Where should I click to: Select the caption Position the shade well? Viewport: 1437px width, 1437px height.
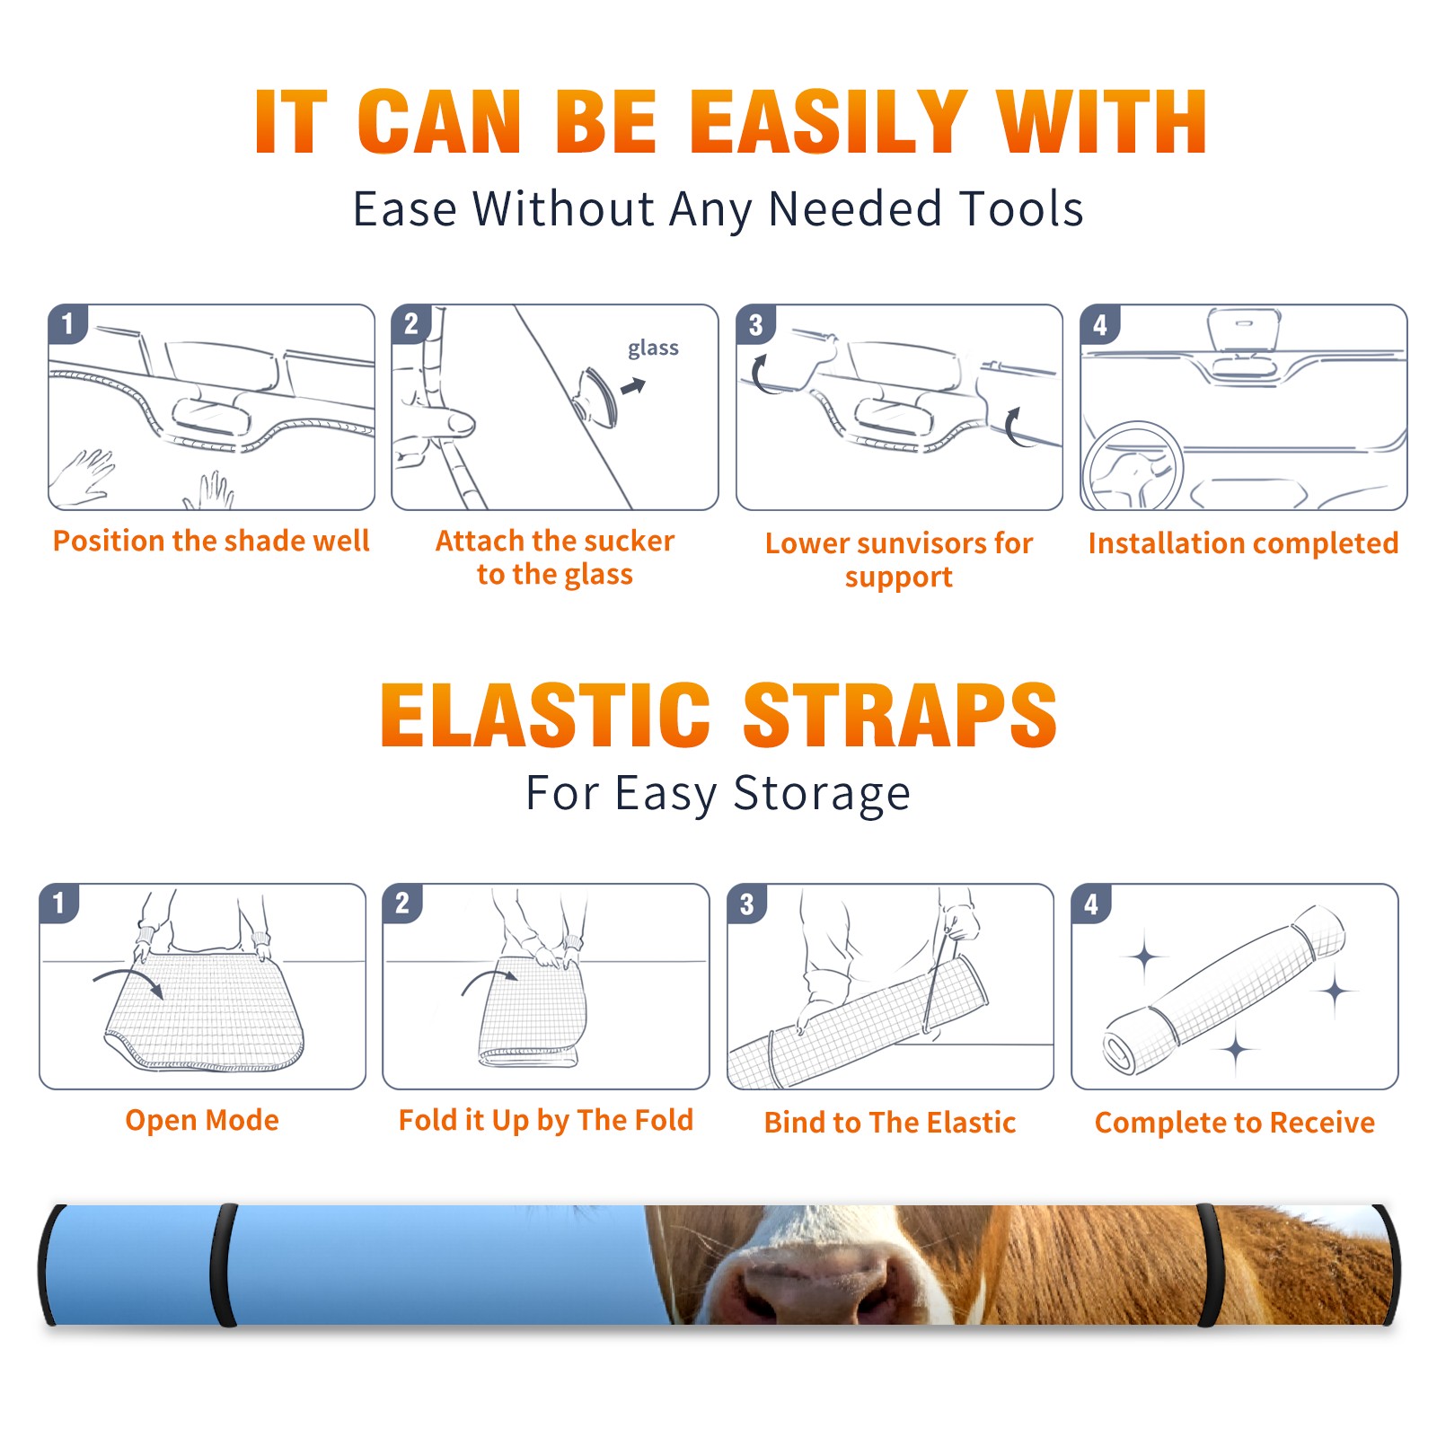(211, 541)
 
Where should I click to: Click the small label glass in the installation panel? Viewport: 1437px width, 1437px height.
(653, 348)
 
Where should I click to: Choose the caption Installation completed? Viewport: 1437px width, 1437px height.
(1243, 543)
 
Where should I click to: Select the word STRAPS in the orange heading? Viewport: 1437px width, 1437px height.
(900, 715)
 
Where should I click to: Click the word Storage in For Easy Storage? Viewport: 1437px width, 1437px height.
(822, 794)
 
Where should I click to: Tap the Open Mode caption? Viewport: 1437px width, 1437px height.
(202, 1120)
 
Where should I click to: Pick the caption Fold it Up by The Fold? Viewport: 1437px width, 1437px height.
(546, 1121)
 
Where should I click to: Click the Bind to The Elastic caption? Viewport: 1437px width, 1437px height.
(890, 1123)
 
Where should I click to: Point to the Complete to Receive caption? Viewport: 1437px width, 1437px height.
(1235, 1123)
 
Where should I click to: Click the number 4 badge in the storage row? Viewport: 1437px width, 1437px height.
(1091, 904)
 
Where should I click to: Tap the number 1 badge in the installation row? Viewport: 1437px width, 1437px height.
(68, 323)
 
